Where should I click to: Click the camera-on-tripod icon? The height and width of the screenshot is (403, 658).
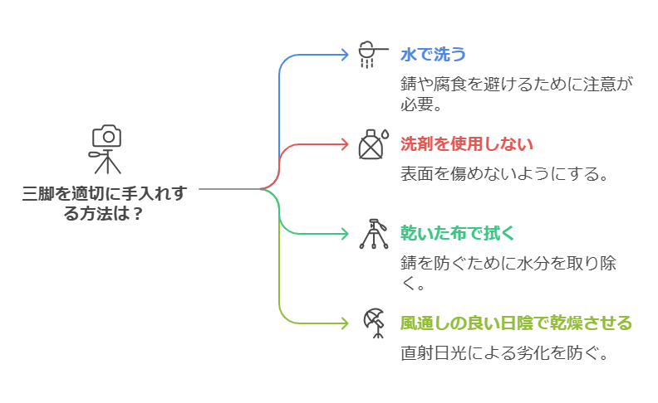(106, 149)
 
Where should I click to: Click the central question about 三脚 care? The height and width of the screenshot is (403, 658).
(105, 203)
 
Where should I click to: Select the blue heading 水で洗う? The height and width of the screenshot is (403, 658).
(433, 55)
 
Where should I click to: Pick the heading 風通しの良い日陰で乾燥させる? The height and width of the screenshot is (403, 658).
(516, 322)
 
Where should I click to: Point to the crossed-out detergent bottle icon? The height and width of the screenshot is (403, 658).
(371, 144)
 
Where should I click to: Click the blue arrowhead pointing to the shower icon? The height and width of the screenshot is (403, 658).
(344, 55)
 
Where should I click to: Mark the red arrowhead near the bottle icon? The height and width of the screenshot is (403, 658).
(344, 143)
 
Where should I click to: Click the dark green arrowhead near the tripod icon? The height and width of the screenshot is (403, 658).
(344, 233)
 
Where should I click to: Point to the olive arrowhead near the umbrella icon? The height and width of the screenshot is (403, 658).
(344, 322)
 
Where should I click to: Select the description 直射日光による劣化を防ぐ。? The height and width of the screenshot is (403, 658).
(505, 352)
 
